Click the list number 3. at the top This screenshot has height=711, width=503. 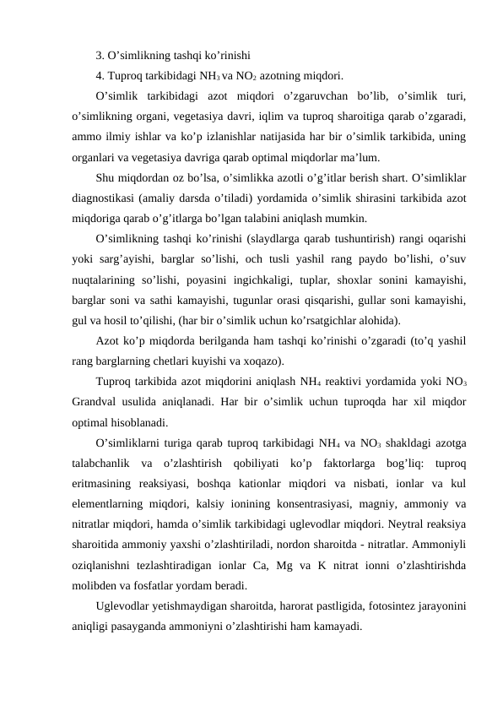click(x=100, y=57)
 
